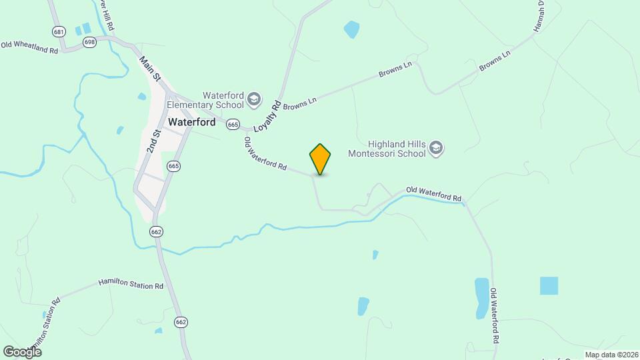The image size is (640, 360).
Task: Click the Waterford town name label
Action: tap(192, 123)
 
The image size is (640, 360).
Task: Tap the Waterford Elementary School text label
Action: tap(205, 100)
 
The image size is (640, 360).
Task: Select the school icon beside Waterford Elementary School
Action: tap(253, 100)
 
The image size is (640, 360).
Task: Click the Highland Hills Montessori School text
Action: tap(387, 149)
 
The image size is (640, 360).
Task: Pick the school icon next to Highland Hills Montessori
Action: tap(436, 148)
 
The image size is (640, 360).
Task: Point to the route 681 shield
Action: tap(59, 31)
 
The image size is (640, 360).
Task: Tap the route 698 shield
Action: tap(89, 42)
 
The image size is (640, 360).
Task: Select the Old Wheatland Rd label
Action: tap(29, 47)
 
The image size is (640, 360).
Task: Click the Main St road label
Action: tap(151, 69)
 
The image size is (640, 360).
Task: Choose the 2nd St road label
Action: tap(155, 142)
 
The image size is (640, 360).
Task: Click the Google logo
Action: tap(22, 351)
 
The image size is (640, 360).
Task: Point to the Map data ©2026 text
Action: tap(611, 355)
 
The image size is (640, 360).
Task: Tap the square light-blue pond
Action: tap(549, 285)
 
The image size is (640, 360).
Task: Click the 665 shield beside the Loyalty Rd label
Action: tap(233, 124)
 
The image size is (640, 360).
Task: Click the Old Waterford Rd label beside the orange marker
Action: tap(265, 154)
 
